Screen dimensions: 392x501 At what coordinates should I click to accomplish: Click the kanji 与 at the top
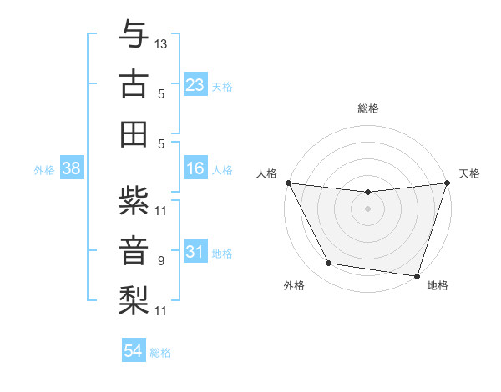tap(134, 35)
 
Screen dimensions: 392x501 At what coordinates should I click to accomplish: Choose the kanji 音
tap(134, 249)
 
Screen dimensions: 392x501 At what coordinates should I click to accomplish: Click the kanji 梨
tap(134, 299)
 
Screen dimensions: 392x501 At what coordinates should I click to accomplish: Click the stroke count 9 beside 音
tap(161, 261)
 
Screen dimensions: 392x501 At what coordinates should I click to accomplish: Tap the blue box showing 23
tap(195, 84)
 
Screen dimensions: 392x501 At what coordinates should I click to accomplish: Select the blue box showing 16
tap(195, 168)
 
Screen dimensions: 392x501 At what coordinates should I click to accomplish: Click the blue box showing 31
tap(195, 252)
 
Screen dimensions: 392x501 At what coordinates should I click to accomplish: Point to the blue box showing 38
tap(71, 168)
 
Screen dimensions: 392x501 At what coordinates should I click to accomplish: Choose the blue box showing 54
tap(134, 351)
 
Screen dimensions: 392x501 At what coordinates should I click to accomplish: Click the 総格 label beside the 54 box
tap(160, 353)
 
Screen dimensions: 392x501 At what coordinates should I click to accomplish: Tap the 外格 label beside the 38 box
tap(44, 170)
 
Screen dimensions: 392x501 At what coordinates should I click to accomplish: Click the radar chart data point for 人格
tap(288, 183)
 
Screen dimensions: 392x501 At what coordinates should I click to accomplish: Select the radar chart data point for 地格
tap(417, 275)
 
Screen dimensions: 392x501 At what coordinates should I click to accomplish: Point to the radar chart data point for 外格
tap(329, 264)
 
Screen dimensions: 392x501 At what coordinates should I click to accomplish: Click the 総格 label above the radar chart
tap(367, 108)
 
